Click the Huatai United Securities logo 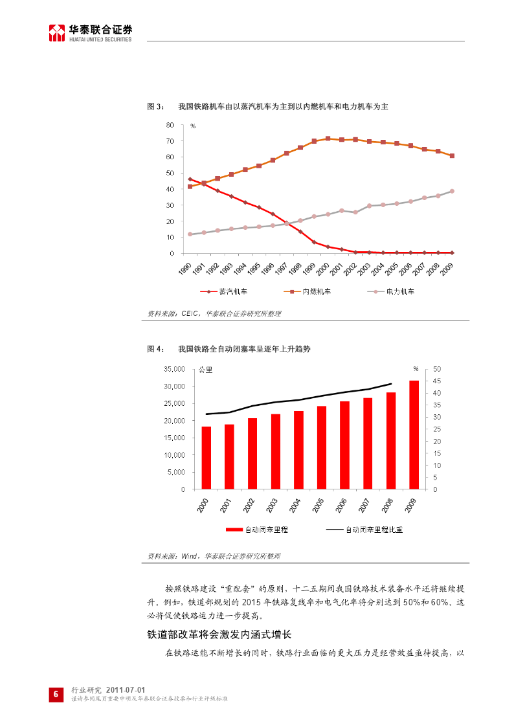click(91, 32)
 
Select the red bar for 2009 click(414, 434)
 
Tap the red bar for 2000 click(206, 458)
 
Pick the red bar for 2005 click(321, 447)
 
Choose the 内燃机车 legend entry click(309, 291)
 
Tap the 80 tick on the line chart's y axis click(170, 125)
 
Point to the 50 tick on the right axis click(437, 369)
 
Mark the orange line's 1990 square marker click(190, 186)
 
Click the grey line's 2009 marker click(452, 191)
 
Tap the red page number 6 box click(56, 695)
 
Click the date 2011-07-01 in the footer click(129, 690)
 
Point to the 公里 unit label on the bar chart click(205, 370)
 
